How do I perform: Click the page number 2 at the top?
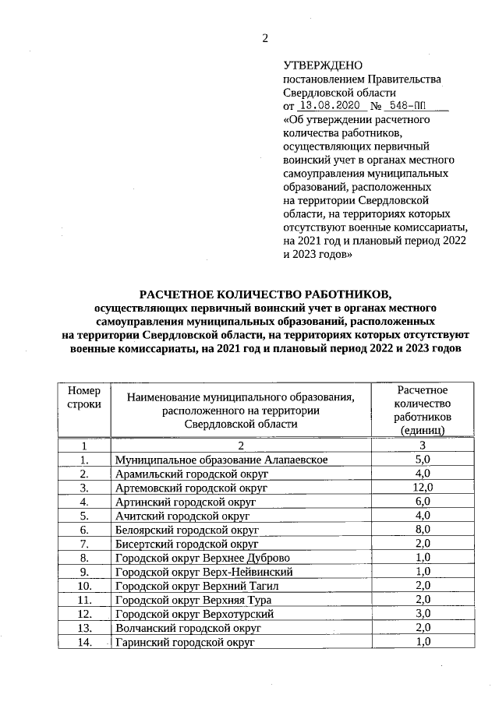pos(264,38)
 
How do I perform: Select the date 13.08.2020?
pos(329,106)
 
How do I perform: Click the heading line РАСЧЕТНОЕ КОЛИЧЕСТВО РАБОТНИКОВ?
pos(263,294)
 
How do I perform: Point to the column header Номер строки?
pos(83,397)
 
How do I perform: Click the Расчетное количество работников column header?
pos(422,409)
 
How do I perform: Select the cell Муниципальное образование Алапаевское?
pos(221,460)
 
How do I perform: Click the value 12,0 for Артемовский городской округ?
pos(422,488)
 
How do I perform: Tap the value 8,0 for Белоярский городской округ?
pos(422,530)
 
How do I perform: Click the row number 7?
pos(83,544)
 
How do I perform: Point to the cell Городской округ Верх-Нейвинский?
pos(203,572)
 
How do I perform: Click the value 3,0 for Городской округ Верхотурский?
pos(422,614)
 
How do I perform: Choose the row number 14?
pos(83,642)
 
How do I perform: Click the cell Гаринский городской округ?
pos(185,642)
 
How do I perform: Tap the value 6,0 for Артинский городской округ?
pos(422,502)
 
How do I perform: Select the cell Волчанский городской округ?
pos(187,628)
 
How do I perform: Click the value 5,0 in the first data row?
pos(422,460)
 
